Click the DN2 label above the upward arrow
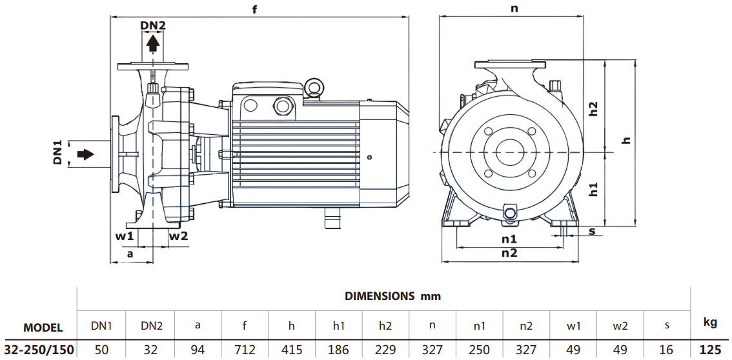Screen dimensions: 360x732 coord(153,26)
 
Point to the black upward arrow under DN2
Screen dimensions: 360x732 coord(153,44)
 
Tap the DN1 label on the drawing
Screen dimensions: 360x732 coord(57,154)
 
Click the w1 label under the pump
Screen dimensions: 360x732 coord(125,235)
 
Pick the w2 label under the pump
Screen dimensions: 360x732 coord(178,235)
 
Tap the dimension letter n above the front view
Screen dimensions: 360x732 coord(514,8)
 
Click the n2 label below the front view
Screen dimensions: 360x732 coord(509,253)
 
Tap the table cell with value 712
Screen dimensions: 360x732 coord(245,350)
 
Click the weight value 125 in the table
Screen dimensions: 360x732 coord(710,350)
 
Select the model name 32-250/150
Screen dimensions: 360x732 coord(39,350)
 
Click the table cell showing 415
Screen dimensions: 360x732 coord(292,350)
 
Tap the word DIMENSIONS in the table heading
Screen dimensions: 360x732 coord(380,296)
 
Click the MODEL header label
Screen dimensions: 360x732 coord(43,328)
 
